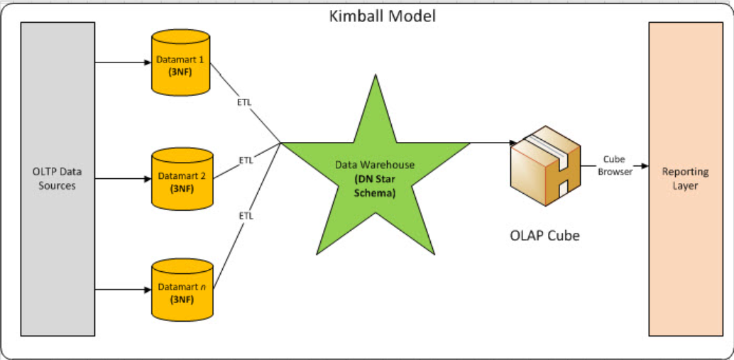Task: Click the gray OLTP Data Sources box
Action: [x=58, y=178]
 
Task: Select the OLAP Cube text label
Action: [x=544, y=235]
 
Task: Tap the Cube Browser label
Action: [x=614, y=165]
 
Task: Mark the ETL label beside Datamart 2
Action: [x=246, y=160]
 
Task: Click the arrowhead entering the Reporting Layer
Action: [x=644, y=166]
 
